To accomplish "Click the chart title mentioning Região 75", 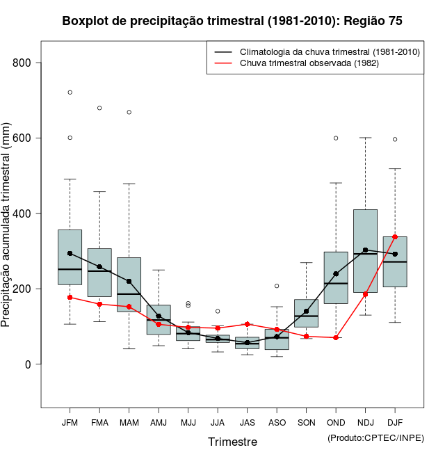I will tap(232, 21).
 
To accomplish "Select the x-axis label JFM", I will tap(70, 422).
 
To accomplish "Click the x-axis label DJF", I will tap(395, 422).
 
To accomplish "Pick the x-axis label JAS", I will tap(247, 422).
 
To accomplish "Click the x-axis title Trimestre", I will tap(232, 442).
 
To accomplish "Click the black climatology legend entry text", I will tap(330, 52).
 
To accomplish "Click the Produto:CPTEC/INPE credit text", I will tap(375, 437).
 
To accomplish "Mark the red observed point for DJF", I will tap(395, 237).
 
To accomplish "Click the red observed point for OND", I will tap(336, 337).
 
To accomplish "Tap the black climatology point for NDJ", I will tap(365, 250).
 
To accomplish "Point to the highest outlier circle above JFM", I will tap(70, 92).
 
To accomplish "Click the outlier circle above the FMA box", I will tap(99, 108).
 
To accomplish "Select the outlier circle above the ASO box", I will tap(277, 286).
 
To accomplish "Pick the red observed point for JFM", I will tap(70, 297).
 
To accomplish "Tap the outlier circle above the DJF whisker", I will tap(395, 139).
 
